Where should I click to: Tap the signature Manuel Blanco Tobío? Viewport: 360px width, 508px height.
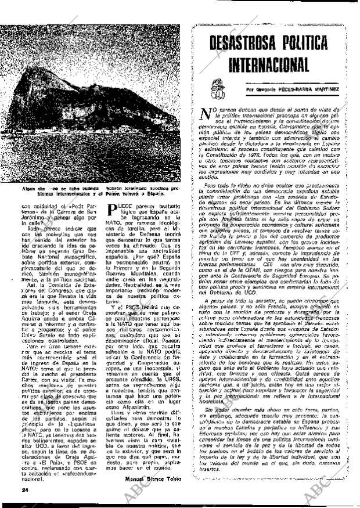pyautogui.click(x=153, y=478)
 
